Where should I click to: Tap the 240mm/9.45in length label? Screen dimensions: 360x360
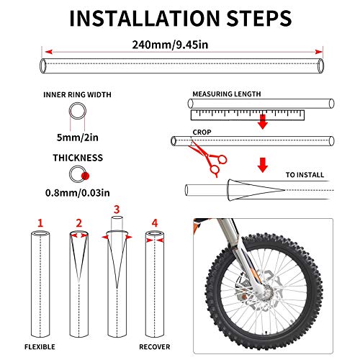[x=170, y=45]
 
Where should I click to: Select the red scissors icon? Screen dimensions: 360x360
[x=208, y=158]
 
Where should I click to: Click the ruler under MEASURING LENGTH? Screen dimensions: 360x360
[x=248, y=115]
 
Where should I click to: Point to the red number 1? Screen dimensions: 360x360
[x=40, y=223]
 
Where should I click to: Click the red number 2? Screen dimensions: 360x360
[x=79, y=223]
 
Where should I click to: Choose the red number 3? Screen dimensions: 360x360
[x=117, y=210]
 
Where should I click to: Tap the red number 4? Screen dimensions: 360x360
[x=155, y=223]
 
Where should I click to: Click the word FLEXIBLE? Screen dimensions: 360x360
[x=40, y=347]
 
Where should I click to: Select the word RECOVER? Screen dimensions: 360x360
[x=155, y=347]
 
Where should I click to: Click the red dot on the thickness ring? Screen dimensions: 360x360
[x=85, y=176]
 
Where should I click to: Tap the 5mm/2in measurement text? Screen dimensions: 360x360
[x=78, y=138]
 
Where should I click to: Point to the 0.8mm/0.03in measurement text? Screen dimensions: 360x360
[x=78, y=193]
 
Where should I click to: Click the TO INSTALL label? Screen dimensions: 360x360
[x=305, y=175]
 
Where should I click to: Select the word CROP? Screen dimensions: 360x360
[x=202, y=132]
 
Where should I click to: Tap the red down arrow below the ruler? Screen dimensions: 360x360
[x=263, y=122]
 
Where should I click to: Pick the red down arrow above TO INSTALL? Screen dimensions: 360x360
[x=263, y=165]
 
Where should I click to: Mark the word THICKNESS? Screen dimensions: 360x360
[x=78, y=158]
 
